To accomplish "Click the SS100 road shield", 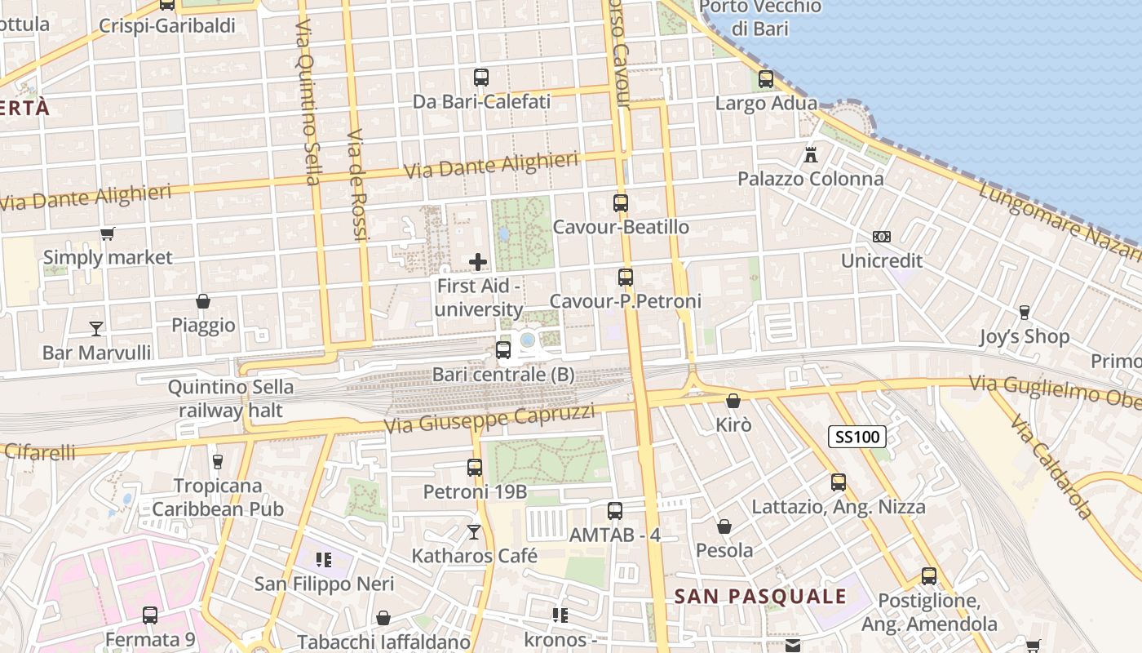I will point(857,437).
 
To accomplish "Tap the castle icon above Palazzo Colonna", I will point(811,153).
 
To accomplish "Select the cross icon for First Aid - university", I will point(478,262).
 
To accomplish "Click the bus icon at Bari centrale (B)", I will point(503,350).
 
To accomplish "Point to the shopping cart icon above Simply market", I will point(107,234).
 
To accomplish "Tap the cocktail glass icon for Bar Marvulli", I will point(96,328).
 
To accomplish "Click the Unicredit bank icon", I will point(882,237).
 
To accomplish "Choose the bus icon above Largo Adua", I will point(766,79).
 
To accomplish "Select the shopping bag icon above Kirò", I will point(733,401).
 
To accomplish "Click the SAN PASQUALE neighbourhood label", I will point(760,597).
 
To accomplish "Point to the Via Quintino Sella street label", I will point(307,102).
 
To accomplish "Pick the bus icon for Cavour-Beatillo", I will point(621,203).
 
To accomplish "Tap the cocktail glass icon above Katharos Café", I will point(474,532).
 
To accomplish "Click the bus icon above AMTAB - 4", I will point(615,511).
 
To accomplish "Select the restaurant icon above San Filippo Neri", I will point(324,560).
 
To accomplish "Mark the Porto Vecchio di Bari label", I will point(760,18).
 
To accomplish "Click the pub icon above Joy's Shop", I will point(1024,312).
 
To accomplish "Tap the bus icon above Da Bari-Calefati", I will point(481,78).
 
